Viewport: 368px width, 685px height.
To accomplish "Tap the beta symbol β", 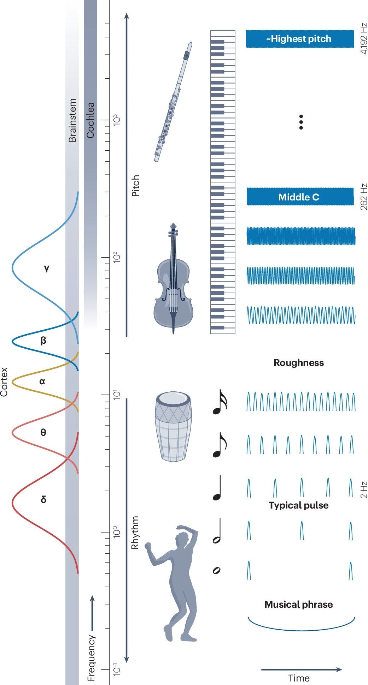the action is click(x=43, y=341).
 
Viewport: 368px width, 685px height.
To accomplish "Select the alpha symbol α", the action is click(x=42, y=381).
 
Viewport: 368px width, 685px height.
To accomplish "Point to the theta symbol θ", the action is click(x=43, y=433).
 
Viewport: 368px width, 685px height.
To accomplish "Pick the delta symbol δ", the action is click(x=43, y=500).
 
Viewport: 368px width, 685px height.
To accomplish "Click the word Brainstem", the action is click(x=72, y=120).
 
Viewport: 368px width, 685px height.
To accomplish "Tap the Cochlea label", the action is click(x=90, y=120).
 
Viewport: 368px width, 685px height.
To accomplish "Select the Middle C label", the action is click(x=299, y=197).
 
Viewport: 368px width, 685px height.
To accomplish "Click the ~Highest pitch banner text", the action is click(x=299, y=39).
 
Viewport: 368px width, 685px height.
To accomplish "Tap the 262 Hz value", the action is click(x=364, y=197).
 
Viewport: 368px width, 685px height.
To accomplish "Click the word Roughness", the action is click(x=299, y=363).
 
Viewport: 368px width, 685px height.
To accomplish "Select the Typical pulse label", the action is click(x=299, y=505).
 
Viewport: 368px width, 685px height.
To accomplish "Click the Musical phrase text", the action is click(x=299, y=605).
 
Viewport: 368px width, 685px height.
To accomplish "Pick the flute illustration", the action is click(x=173, y=102).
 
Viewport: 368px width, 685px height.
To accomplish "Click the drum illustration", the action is click(x=173, y=426).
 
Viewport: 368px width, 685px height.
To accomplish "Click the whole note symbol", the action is click(x=217, y=570).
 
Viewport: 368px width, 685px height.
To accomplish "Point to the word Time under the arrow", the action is click(x=299, y=678).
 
